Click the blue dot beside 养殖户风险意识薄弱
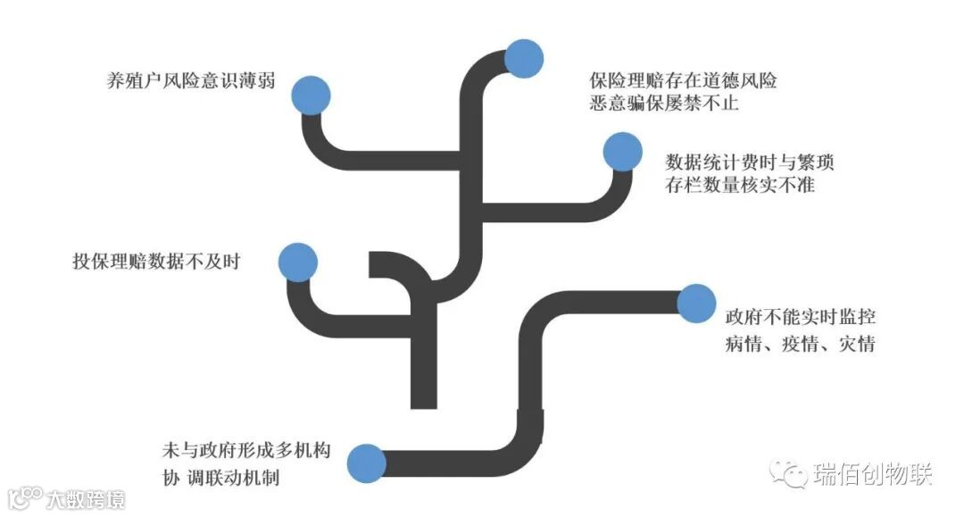[311, 94]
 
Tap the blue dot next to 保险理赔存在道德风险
[524, 59]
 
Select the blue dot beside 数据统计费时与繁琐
[622, 153]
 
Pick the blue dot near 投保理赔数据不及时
[297, 262]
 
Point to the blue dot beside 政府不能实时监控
[696, 304]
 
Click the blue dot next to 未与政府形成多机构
[366, 463]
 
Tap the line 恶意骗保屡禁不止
[664, 104]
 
